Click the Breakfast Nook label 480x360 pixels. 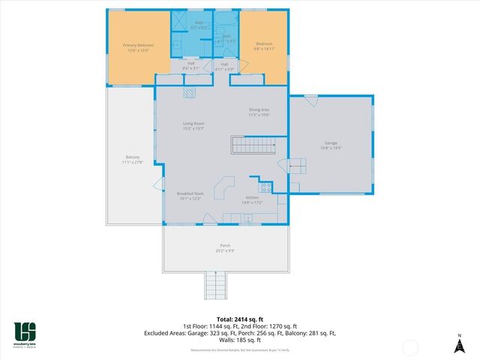click(x=190, y=196)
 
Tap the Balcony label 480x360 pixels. click(x=130, y=160)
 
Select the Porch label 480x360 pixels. click(x=224, y=247)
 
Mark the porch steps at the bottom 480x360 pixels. click(x=215, y=285)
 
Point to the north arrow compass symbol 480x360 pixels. click(x=459, y=343)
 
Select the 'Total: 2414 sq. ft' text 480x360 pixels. click(x=239, y=318)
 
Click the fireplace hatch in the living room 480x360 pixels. click(x=190, y=91)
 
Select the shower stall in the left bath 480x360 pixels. click(x=181, y=20)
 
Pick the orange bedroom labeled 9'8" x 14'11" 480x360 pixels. click(x=264, y=46)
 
